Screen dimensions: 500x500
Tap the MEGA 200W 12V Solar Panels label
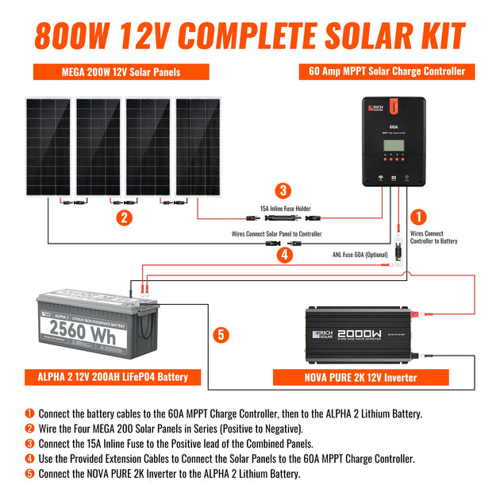click(x=121, y=72)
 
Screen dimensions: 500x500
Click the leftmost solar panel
click(x=47, y=147)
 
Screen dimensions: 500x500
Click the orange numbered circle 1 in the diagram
click(x=421, y=217)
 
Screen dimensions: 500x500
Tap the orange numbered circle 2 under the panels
click(x=123, y=217)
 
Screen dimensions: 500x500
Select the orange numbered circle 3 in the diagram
click(x=283, y=190)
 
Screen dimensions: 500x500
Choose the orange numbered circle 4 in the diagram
click(x=283, y=256)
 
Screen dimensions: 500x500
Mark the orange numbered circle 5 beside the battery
click(x=222, y=334)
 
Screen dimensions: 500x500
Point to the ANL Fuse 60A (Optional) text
click(x=360, y=255)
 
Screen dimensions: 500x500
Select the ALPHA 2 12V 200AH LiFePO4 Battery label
click(x=113, y=376)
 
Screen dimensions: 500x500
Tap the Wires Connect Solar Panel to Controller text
click(x=277, y=235)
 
